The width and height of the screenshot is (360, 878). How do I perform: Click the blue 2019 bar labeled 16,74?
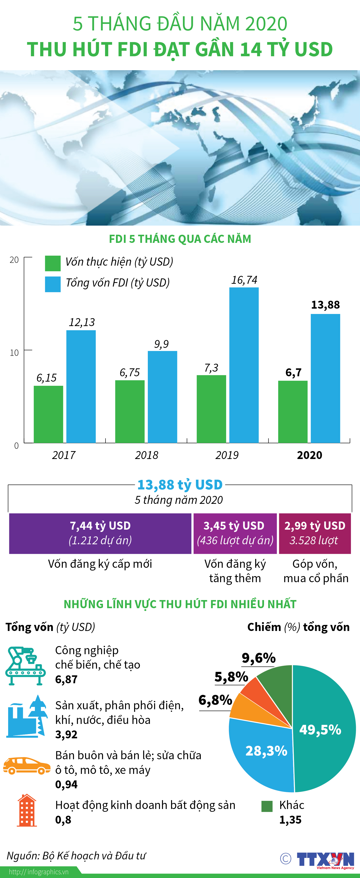pyautogui.click(x=244, y=365)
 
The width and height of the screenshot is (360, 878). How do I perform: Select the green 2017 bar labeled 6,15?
pyautogui.click(x=48, y=414)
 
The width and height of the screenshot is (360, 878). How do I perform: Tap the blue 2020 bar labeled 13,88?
pyautogui.click(x=325, y=378)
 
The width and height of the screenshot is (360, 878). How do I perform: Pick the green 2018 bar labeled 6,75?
pyautogui.click(x=130, y=411)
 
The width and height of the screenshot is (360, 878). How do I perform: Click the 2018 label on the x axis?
pyautogui.click(x=147, y=455)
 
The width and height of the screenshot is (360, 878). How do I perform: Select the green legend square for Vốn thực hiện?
pyautogui.click(x=53, y=263)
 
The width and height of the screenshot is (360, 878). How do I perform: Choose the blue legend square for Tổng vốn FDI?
pyautogui.click(x=53, y=284)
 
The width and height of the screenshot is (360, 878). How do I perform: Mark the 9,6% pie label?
pyautogui.click(x=259, y=658)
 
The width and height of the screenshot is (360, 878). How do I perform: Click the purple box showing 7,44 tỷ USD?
pyautogui.click(x=100, y=533)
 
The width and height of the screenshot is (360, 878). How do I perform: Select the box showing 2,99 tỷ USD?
pyautogui.click(x=315, y=533)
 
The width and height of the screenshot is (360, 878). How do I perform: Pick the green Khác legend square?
pyautogui.click(x=267, y=806)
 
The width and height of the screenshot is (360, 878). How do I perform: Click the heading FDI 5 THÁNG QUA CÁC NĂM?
pyautogui.click(x=180, y=239)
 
